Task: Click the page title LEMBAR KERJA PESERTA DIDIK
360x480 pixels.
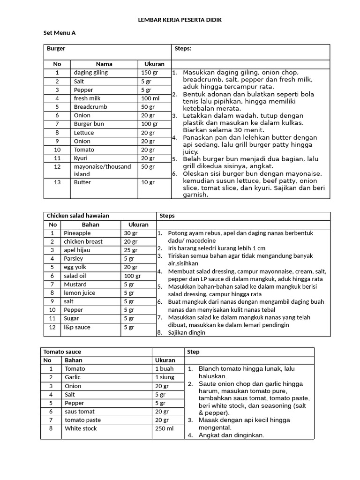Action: [x=180, y=20]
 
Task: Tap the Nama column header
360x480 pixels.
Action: [x=104, y=64]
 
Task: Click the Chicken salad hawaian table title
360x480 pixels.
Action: [x=78, y=216]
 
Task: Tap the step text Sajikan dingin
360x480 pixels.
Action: [x=187, y=333]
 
